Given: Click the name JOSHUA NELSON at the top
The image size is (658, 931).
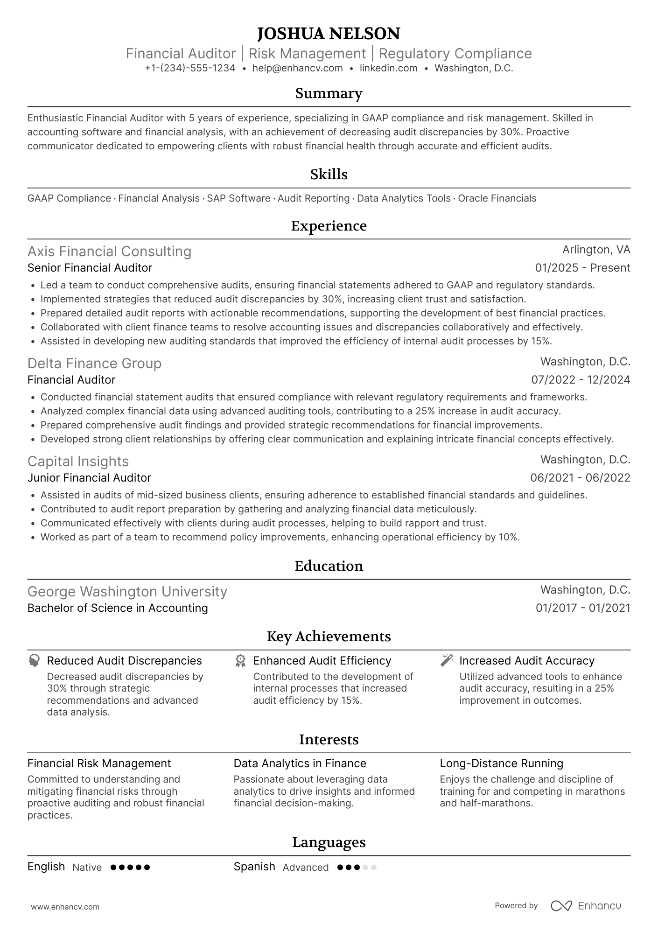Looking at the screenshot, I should pyautogui.click(x=329, y=34).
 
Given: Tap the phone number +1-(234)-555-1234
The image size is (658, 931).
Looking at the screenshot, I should pyautogui.click(x=190, y=68).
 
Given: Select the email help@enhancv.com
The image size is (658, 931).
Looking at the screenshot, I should pyautogui.click(x=297, y=68).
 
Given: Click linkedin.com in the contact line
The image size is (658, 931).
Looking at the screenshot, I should pyautogui.click(x=388, y=68).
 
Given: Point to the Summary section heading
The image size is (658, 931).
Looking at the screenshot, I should pyautogui.click(x=329, y=93).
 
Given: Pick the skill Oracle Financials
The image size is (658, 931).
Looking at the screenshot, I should pyautogui.click(x=497, y=198).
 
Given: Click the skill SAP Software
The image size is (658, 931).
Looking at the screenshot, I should pyautogui.click(x=238, y=198).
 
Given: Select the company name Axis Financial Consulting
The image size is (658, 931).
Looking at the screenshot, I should pyautogui.click(x=109, y=252).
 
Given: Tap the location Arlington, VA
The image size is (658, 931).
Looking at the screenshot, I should pyautogui.click(x=596, y=250).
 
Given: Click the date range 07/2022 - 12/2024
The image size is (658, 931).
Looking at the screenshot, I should pyautogui.click(x=581, y=380).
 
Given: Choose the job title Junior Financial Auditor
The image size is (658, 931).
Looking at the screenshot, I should pyautogui.click(x=89, y=478).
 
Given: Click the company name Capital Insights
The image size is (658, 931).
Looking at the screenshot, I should pyautogui.click(x=78, y=462).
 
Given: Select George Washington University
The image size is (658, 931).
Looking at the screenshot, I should pyautogui.click(x=127, y=592).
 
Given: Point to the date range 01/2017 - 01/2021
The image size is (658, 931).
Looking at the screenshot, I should pyautogui.click(x=582, y=608).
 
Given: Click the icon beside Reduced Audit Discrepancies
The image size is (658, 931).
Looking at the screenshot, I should pyautogui.click(x=34, y=660).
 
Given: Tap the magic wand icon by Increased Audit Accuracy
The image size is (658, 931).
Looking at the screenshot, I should pyautogui.click(x=447, y=660).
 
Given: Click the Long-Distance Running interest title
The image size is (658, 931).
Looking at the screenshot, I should pyautogui.click(x=501, y=763).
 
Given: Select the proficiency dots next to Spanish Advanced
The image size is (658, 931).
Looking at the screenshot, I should pyautogui.click(x=357, y=868).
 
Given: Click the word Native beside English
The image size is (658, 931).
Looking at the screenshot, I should pyautogui.click(x=87, y=868).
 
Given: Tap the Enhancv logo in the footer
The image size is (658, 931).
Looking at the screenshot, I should pyautogui.click(x=586, y=906).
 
